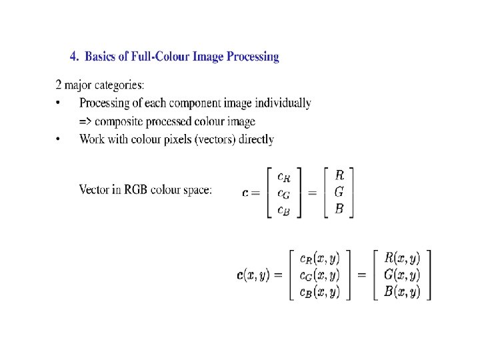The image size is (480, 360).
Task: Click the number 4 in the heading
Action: [73, 57]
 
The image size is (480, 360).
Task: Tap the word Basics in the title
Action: [104, 57]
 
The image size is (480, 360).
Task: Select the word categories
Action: [121, 85]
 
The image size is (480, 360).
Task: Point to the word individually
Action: [285, 103]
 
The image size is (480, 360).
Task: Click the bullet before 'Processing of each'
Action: [58, 103]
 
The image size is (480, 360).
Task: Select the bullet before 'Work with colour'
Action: [58, 139]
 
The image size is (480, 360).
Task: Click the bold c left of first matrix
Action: [246, 193]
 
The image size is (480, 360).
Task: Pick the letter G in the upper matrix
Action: [339, 192]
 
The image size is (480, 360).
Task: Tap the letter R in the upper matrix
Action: [339, 176]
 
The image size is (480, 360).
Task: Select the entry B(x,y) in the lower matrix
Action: [402, 292]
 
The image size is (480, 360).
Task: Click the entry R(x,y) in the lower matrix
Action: [402, 258]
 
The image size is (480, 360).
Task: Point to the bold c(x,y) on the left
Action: [254, 275]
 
